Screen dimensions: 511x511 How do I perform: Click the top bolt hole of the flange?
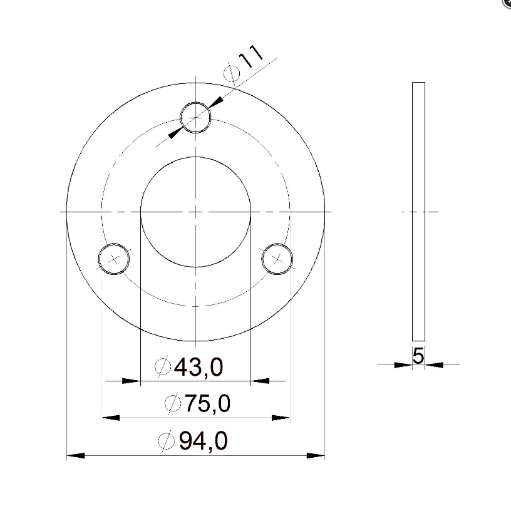195,102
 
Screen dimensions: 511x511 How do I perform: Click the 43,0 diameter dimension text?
199,367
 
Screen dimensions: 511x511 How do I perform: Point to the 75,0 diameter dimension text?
208,403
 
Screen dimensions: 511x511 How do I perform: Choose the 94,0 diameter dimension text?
204,441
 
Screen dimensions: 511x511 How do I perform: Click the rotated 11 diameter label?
251,56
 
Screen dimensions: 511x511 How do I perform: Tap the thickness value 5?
418,356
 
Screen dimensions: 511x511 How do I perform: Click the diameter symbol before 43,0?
163,366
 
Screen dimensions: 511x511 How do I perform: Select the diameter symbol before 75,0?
173,403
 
